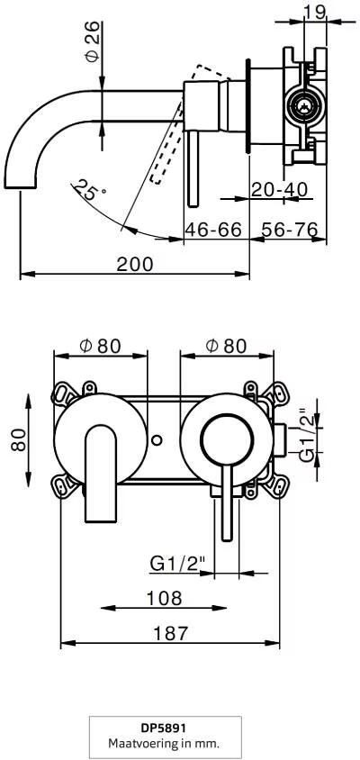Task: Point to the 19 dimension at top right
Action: coord(314,12)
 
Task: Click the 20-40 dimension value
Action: coord(280,190)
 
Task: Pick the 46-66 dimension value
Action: coord(213,230)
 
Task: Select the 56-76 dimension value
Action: coord(290,230)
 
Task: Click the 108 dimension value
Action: coord(164,597)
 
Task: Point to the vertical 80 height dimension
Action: coord(19,440)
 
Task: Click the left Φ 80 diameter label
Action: coord(100,345)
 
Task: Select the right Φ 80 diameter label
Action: coord(227,345)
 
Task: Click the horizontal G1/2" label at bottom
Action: coord(177,564)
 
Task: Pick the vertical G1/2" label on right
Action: coord(309,438)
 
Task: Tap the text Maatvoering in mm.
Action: coord(164,744)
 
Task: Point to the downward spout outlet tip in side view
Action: coord(21,186)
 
